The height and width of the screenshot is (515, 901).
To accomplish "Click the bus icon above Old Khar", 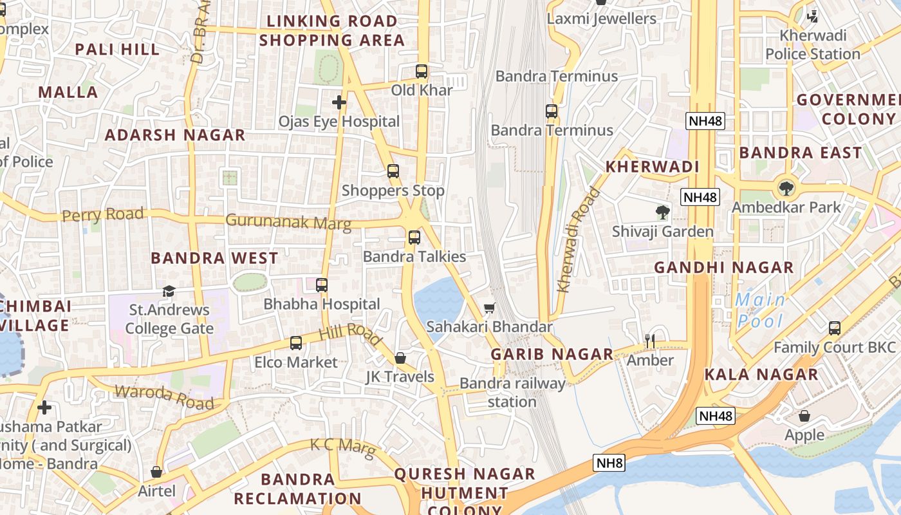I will (x=422, y=71).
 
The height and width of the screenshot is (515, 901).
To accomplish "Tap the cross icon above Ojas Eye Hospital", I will (x=339, y=102).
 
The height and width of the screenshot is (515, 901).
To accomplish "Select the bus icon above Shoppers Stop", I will (x=393, y=171).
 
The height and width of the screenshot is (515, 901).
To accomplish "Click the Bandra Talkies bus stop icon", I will (x=414, y=238).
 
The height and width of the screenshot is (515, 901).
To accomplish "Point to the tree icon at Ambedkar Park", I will (x=786, y=189).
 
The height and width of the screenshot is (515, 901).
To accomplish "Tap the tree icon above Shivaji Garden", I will (x=662, y=212).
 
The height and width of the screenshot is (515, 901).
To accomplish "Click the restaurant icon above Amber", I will (x=650, y=341).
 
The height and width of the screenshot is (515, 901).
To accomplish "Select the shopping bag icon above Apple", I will (x=804, y=416).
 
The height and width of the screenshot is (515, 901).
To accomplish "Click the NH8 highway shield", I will (x=609, y=463).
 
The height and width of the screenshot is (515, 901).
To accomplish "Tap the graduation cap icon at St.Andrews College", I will (x=169, y=291).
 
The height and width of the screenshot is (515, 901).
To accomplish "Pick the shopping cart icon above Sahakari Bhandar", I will (x=489, y=308).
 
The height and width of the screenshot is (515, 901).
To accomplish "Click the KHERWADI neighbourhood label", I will (x=652, y=167).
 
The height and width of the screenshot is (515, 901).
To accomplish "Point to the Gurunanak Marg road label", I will (x=288, y=222).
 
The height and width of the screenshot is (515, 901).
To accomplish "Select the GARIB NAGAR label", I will (x=552, y=354).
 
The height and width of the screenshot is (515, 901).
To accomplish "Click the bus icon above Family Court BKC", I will (x=835, y=328).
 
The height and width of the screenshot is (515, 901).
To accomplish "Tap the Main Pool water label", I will (x=761, y=310).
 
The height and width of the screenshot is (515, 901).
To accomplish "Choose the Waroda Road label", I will (x=164, y=397).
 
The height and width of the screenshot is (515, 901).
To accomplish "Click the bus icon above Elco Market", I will (x=296, y=343).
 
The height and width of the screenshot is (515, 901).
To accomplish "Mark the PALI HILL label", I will (x=117, y=50).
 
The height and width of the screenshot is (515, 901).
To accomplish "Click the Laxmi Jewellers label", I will (x=601, y=19).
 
